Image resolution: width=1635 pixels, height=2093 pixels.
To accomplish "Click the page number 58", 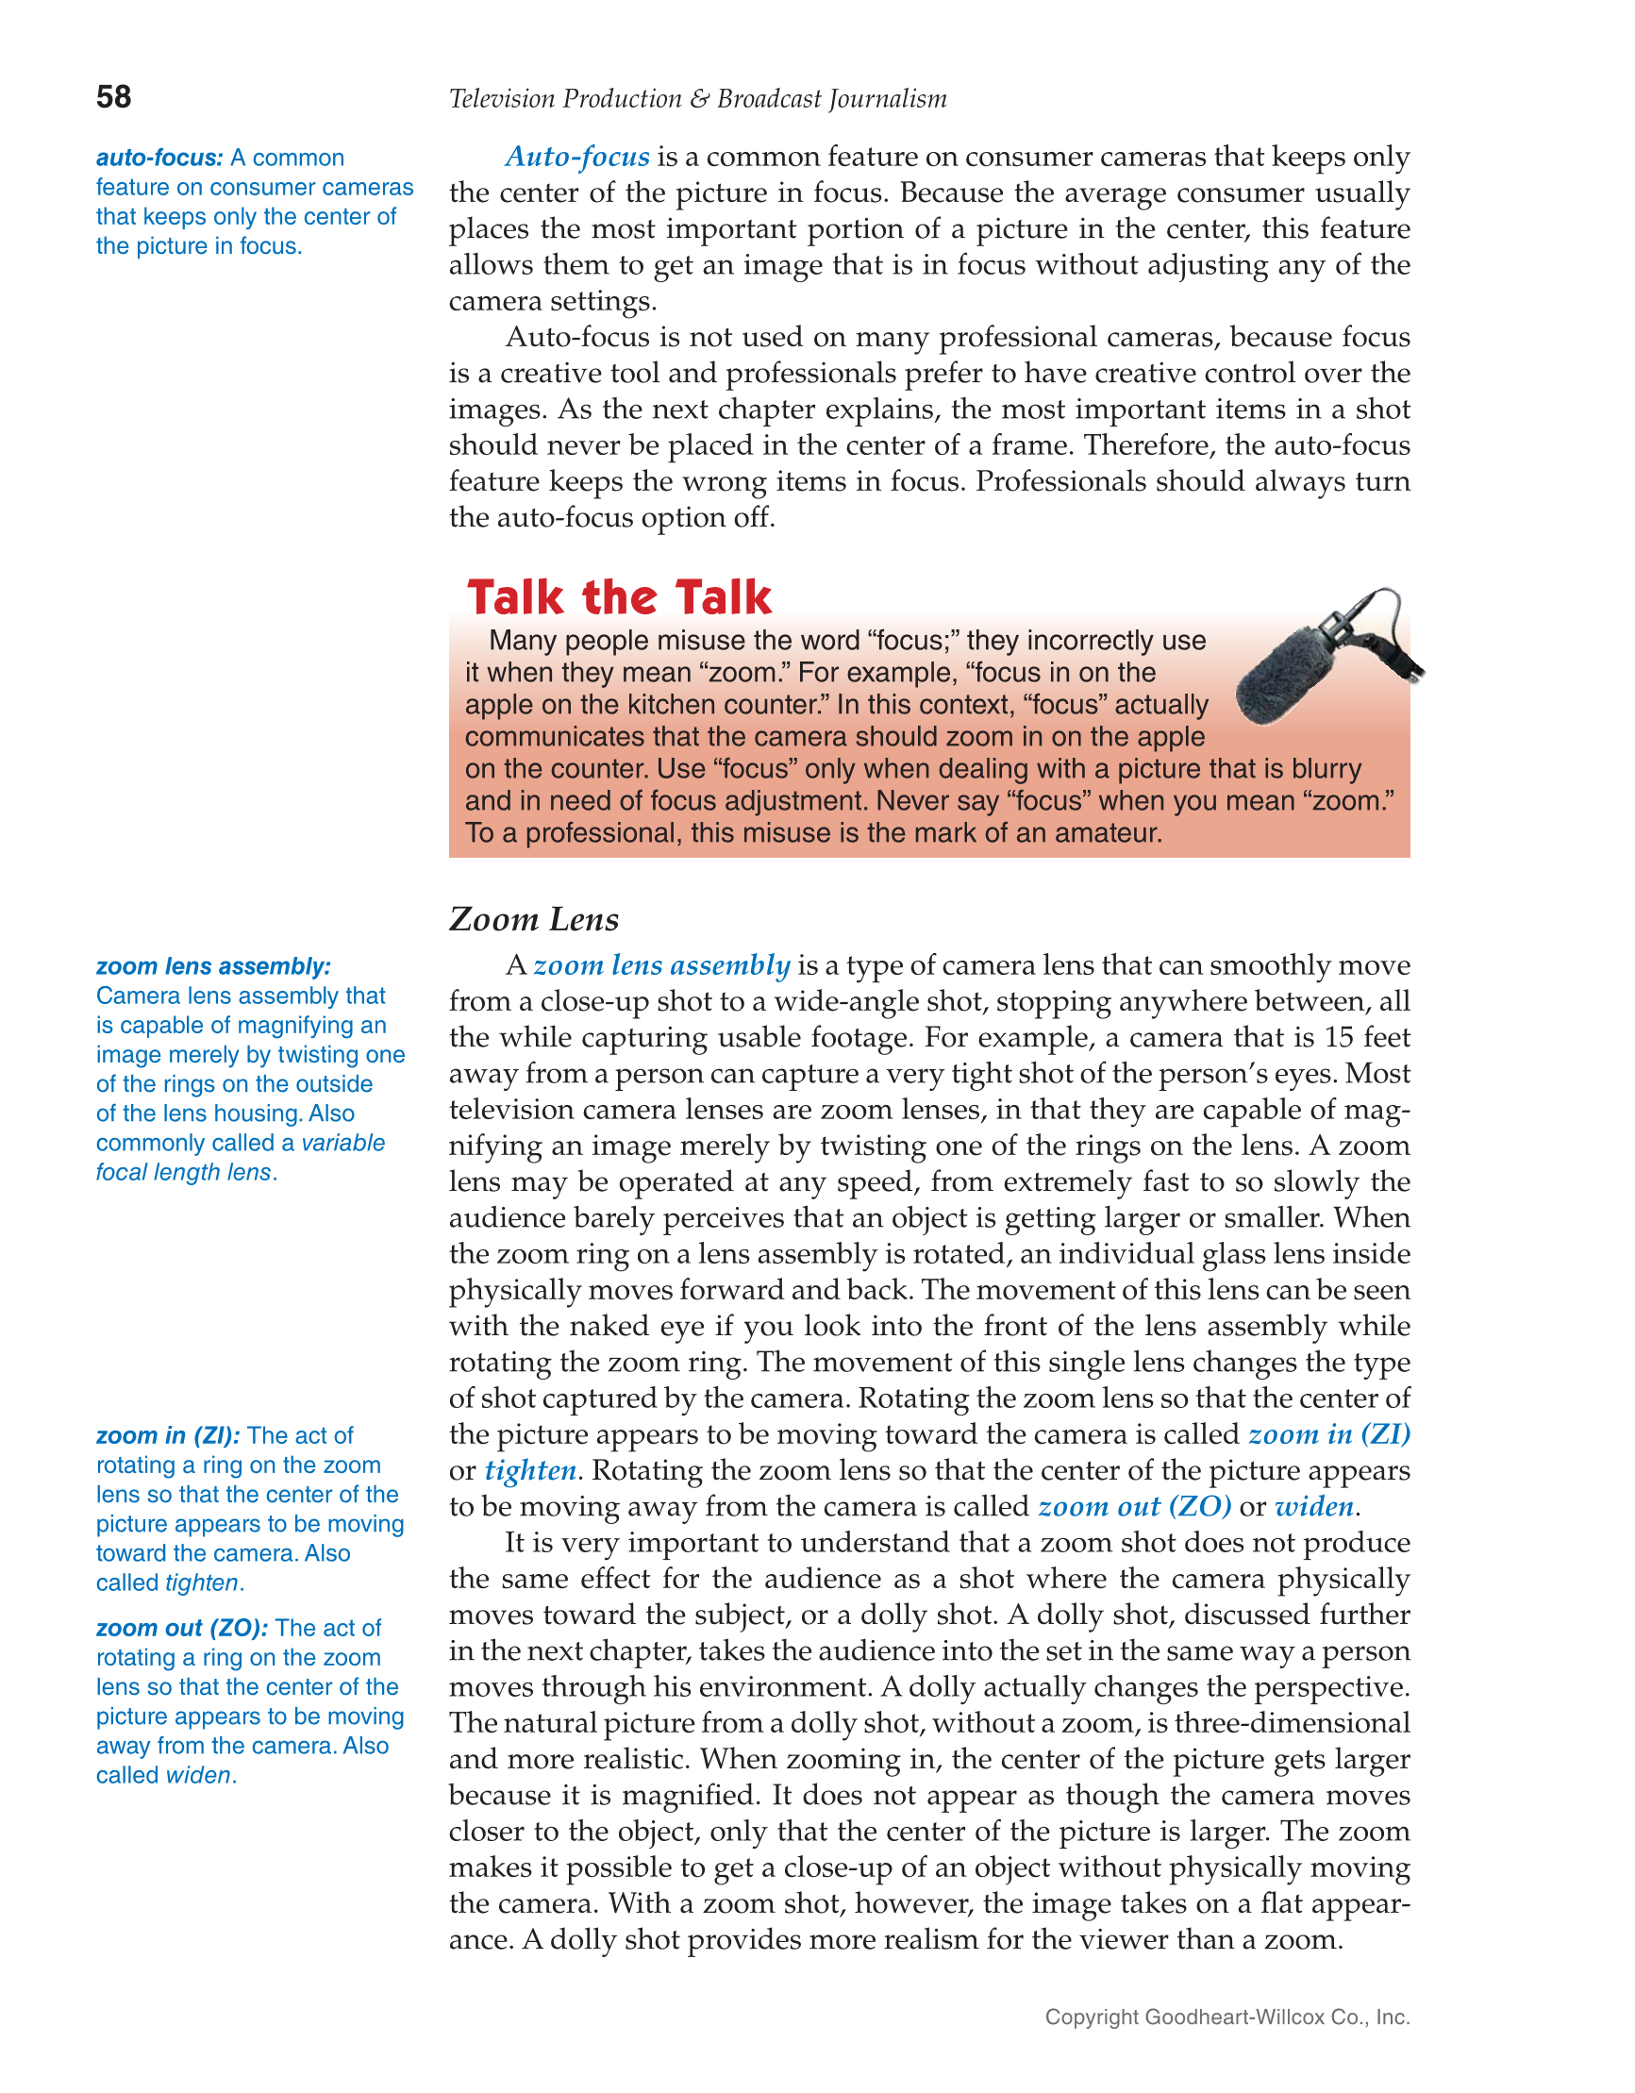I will pyautogui.click(x=113, y=97).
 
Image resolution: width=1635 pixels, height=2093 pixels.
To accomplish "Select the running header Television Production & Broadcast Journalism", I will pyautogui.click(x=698, y=99).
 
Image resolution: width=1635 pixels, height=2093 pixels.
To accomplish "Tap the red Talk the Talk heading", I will pyautogui.click(x=619, y=597).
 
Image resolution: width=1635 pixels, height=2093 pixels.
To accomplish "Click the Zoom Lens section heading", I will pyautogui.click(x=534, y=919).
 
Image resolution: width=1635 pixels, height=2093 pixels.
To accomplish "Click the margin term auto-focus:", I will pyautogui.click(x=159, y=159).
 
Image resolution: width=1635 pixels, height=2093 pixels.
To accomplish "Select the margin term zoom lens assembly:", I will pyautogui.click(x=213, y=966).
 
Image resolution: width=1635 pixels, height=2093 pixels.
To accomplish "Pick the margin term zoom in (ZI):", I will pyautogui.click(x=168, y=1435).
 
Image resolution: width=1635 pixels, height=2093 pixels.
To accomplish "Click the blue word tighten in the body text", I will pyautogui.click(x=530, y=1471).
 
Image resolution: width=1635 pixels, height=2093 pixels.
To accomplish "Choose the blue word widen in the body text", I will pyautogui.click(x=1314, y=1506).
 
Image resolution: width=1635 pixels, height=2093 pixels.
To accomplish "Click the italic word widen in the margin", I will pyautogui.click(x=198, y=1775).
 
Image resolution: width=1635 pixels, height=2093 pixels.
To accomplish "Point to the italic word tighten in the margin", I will pyautogui.click(x=201, y=1582).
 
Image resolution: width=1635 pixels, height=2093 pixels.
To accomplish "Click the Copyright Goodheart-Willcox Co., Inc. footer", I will pyautogui.click(x=1226, y=2018).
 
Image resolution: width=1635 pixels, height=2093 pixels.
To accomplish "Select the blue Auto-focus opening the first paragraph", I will pyautogui.click(x=577, y=158).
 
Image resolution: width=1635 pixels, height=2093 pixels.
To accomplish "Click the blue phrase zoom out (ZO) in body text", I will pyautogui.click(x=1135, y=1506).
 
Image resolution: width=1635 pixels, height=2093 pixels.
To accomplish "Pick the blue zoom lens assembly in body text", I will pyautogui.click(x=661, y=965).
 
